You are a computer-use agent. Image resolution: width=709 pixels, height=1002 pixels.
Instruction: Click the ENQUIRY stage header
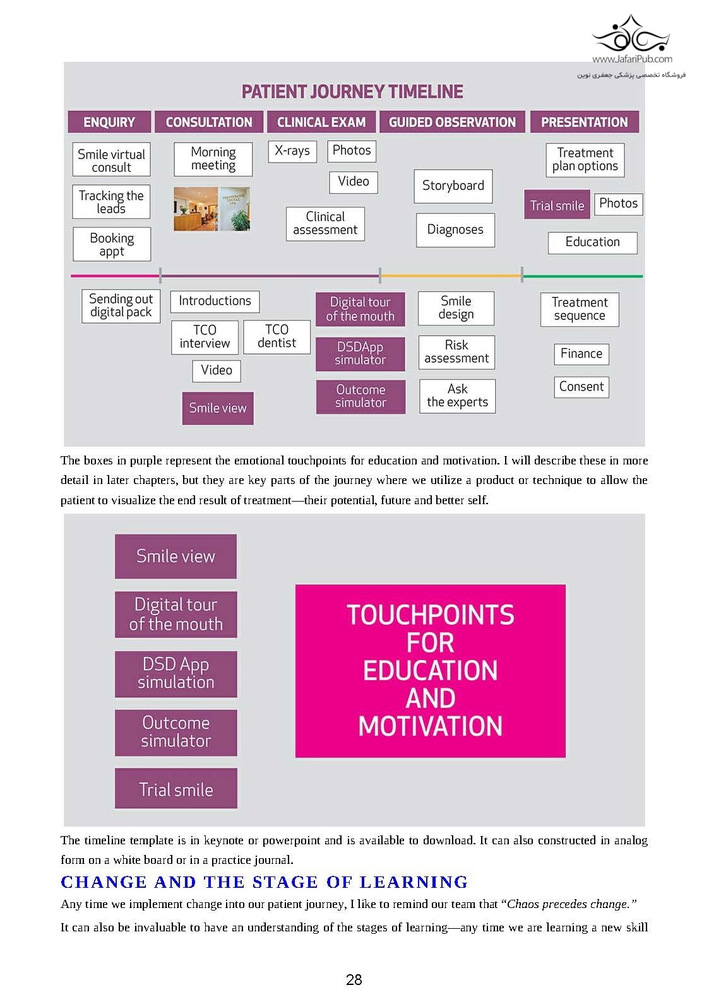109,122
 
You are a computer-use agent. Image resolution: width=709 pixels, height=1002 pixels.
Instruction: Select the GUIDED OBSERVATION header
452,122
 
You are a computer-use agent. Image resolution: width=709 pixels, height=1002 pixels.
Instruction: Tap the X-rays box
292,151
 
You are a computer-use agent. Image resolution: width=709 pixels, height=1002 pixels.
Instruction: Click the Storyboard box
453,186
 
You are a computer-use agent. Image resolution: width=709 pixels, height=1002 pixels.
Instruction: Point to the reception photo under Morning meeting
212,208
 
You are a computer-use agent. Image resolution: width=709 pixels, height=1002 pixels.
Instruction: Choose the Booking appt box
112,244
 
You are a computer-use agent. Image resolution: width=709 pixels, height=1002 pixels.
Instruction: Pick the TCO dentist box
277,336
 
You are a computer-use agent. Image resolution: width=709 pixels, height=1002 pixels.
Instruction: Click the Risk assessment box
456,351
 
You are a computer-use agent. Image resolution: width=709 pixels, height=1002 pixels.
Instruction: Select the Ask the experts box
457,396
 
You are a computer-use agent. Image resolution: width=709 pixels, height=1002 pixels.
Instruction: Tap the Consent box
581,387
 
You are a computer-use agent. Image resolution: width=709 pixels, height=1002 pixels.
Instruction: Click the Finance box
581,353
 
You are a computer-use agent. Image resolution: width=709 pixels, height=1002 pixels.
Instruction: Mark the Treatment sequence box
579,309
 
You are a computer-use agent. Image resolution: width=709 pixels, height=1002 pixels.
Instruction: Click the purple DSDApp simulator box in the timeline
360,353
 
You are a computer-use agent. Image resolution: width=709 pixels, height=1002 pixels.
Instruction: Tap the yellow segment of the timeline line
451,276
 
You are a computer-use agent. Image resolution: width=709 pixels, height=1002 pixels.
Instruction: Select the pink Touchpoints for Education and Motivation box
430,670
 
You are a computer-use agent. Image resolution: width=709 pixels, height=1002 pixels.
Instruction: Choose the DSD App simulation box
176,673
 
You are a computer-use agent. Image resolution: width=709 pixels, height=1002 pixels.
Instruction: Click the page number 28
354,979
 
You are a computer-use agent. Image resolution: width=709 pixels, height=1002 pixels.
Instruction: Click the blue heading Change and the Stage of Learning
264,881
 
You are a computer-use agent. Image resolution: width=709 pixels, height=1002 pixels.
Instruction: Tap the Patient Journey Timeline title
352,92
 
